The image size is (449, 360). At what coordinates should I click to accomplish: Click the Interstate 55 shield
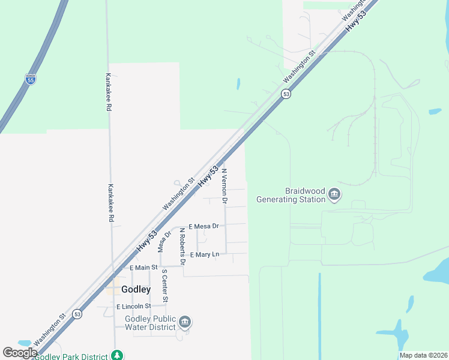[30, 79]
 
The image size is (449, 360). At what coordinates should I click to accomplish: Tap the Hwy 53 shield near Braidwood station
[286, 94]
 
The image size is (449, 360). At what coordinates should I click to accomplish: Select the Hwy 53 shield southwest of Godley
[77, 314]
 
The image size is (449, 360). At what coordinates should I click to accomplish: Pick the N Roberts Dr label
[182, 247]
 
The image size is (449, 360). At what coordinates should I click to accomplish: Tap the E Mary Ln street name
[204, 255]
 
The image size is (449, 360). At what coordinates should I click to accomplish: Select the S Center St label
[164, 286]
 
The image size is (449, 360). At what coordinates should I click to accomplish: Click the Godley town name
[136, 289]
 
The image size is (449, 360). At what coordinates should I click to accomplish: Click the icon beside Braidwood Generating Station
[334, 194]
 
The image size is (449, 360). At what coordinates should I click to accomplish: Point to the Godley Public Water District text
[150, 323]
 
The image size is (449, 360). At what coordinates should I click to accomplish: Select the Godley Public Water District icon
[185, 322]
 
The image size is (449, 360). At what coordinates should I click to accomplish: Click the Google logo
[20, 353]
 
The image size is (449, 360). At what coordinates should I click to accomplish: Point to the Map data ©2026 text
[423, 355]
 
